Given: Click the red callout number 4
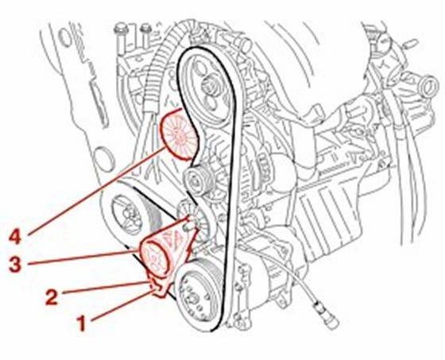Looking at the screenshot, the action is pos(15,238).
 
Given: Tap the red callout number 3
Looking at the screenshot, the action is pos(15,265).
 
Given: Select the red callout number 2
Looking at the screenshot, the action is pos(52,296).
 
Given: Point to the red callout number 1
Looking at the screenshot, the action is pos(82,324).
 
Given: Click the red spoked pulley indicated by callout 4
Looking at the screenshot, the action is pos(179,136).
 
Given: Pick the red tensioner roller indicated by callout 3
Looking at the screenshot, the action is pos(156,257).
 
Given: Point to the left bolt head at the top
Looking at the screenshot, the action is pos(122,30).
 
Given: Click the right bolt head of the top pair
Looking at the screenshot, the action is pos(146,28).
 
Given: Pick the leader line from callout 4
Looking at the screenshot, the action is pos(96,191).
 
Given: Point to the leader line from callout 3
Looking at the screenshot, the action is pos(83,257).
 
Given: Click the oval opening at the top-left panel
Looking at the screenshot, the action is pos(65,37).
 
